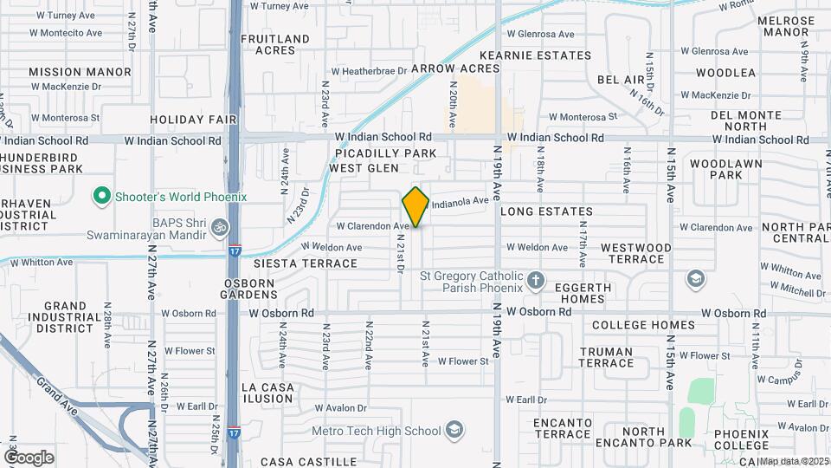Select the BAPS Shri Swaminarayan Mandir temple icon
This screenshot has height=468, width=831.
click(x=220, y=228)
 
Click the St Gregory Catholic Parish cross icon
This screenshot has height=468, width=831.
click(x=536, y=280)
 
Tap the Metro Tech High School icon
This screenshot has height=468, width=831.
click(x=454, y=431)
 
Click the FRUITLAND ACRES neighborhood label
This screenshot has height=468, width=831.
click(x=274, y=44)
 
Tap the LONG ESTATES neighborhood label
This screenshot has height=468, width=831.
click(x=546, y=211)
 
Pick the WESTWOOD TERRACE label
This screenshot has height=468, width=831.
click(x=635, y=254)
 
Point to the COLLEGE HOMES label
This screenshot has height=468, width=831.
click(x=643, y=325)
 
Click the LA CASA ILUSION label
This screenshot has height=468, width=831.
click(x=267, y=392)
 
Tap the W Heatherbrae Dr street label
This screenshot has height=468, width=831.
click(x=369, y=71)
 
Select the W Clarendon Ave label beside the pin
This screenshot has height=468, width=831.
click(x=371, y=225)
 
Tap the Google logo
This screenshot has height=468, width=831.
click(x=29, y=457)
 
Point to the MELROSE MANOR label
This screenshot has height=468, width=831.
click(x=786, y=26)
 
